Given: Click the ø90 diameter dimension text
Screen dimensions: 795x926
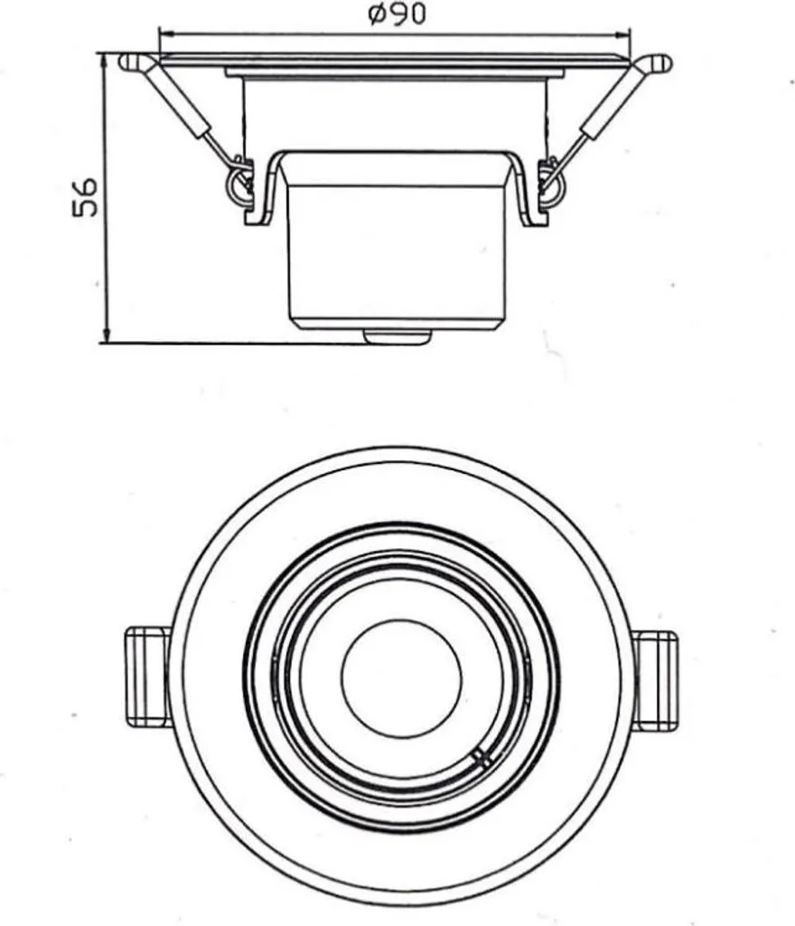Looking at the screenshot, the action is click(397, 14).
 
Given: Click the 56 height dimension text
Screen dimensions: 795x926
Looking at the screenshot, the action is click(85, 197).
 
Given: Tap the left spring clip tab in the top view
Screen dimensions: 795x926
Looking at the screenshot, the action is click(148, 676).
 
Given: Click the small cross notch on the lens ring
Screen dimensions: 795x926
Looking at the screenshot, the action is click(482, 758).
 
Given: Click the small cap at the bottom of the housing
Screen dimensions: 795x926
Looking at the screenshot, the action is click(397, 336).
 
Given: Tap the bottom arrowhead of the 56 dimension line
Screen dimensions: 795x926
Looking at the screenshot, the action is click(106, 335).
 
